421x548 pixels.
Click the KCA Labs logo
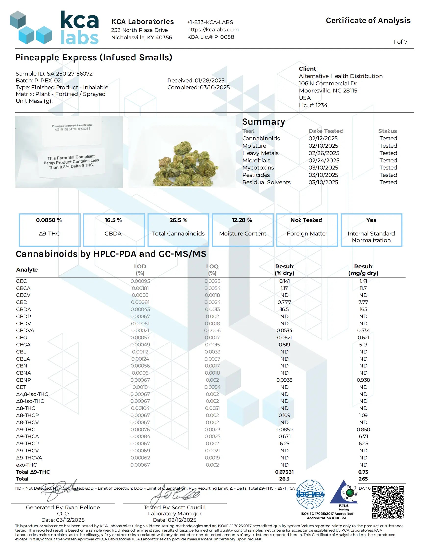pos(54,27)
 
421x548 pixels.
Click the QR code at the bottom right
pos(388,502)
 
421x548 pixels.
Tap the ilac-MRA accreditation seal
pos(310,494)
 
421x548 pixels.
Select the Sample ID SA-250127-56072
pos(69,74)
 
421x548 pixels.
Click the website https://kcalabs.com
pos(213,30)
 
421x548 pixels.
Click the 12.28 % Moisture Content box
pos(242,230)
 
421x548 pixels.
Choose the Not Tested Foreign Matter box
pos(307,230)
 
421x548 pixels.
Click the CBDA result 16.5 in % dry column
pos(284,309)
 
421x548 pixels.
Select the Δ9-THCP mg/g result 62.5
pos(363,444)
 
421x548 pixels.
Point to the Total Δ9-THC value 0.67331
pos(284,472)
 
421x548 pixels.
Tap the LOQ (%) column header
pos(212,270)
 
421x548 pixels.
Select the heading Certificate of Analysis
pos(368,21)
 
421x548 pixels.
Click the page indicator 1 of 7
pos(400,42)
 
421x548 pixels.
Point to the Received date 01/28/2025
pos(209,80)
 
